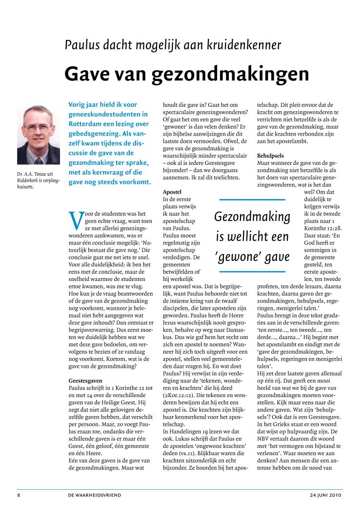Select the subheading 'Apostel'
(172, 192)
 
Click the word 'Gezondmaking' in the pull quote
(252, 217)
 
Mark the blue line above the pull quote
(252, 200)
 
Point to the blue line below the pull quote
(252, 271)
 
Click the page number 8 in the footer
(18, 495)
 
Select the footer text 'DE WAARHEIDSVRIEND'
(95, 495)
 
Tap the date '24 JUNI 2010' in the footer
(326, 495)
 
